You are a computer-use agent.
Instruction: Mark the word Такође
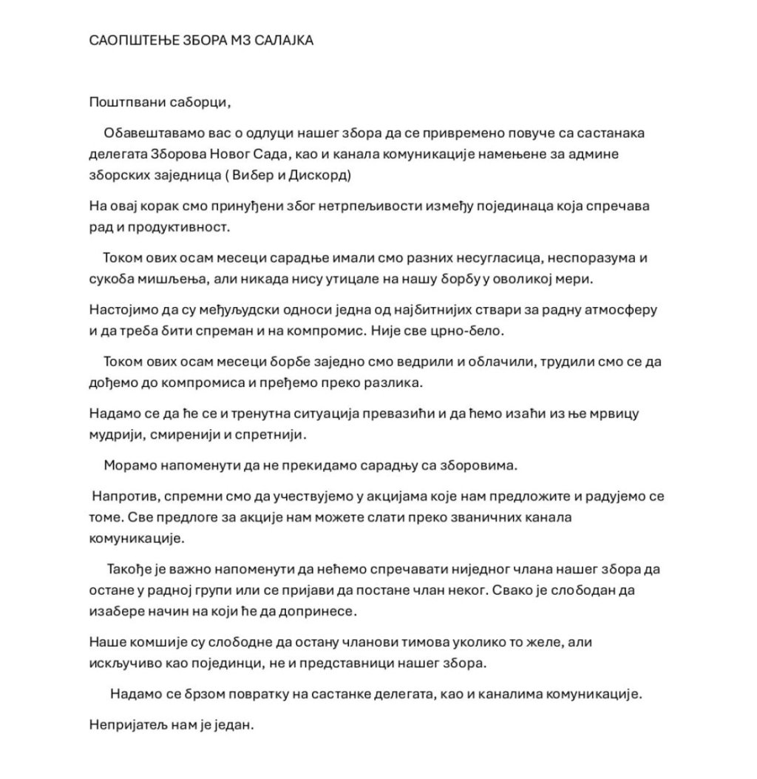click(x=132, y=570)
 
